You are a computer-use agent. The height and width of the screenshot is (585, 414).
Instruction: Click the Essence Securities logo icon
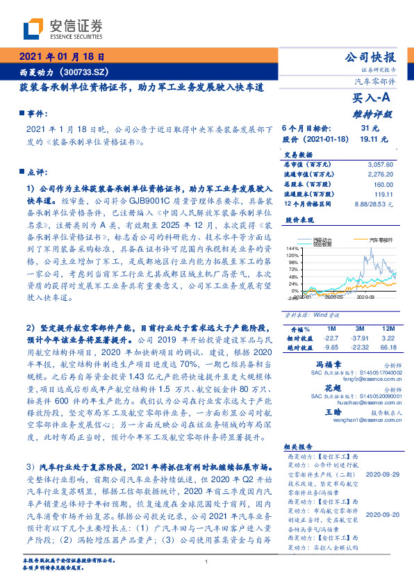coord(36,28)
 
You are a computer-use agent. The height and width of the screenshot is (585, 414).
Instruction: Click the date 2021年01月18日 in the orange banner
coord(62,57)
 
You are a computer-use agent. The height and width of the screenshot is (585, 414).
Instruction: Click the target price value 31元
coord(370,129)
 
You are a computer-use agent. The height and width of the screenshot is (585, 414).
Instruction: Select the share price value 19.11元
coord(367,140)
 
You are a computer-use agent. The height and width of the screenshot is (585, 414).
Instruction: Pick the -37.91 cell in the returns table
coord(358,336)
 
